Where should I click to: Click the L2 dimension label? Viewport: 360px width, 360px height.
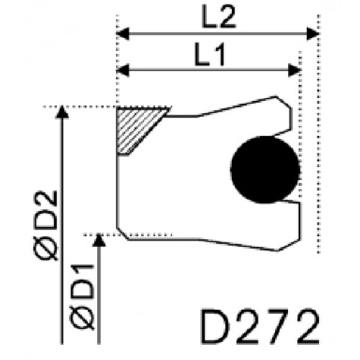(219, 17)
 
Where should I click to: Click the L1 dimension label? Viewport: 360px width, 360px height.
(210, 54)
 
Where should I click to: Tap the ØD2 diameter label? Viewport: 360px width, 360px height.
(45, 225)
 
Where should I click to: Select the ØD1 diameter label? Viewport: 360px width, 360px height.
(81, 297)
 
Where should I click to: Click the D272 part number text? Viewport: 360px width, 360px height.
(260, 327)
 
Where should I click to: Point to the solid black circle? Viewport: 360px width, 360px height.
(265, 169)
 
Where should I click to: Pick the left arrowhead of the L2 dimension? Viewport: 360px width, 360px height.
(122, 34)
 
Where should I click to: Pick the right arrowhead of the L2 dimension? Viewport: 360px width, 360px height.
(313, 34)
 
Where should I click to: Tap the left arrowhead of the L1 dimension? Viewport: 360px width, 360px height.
(122, 71)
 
